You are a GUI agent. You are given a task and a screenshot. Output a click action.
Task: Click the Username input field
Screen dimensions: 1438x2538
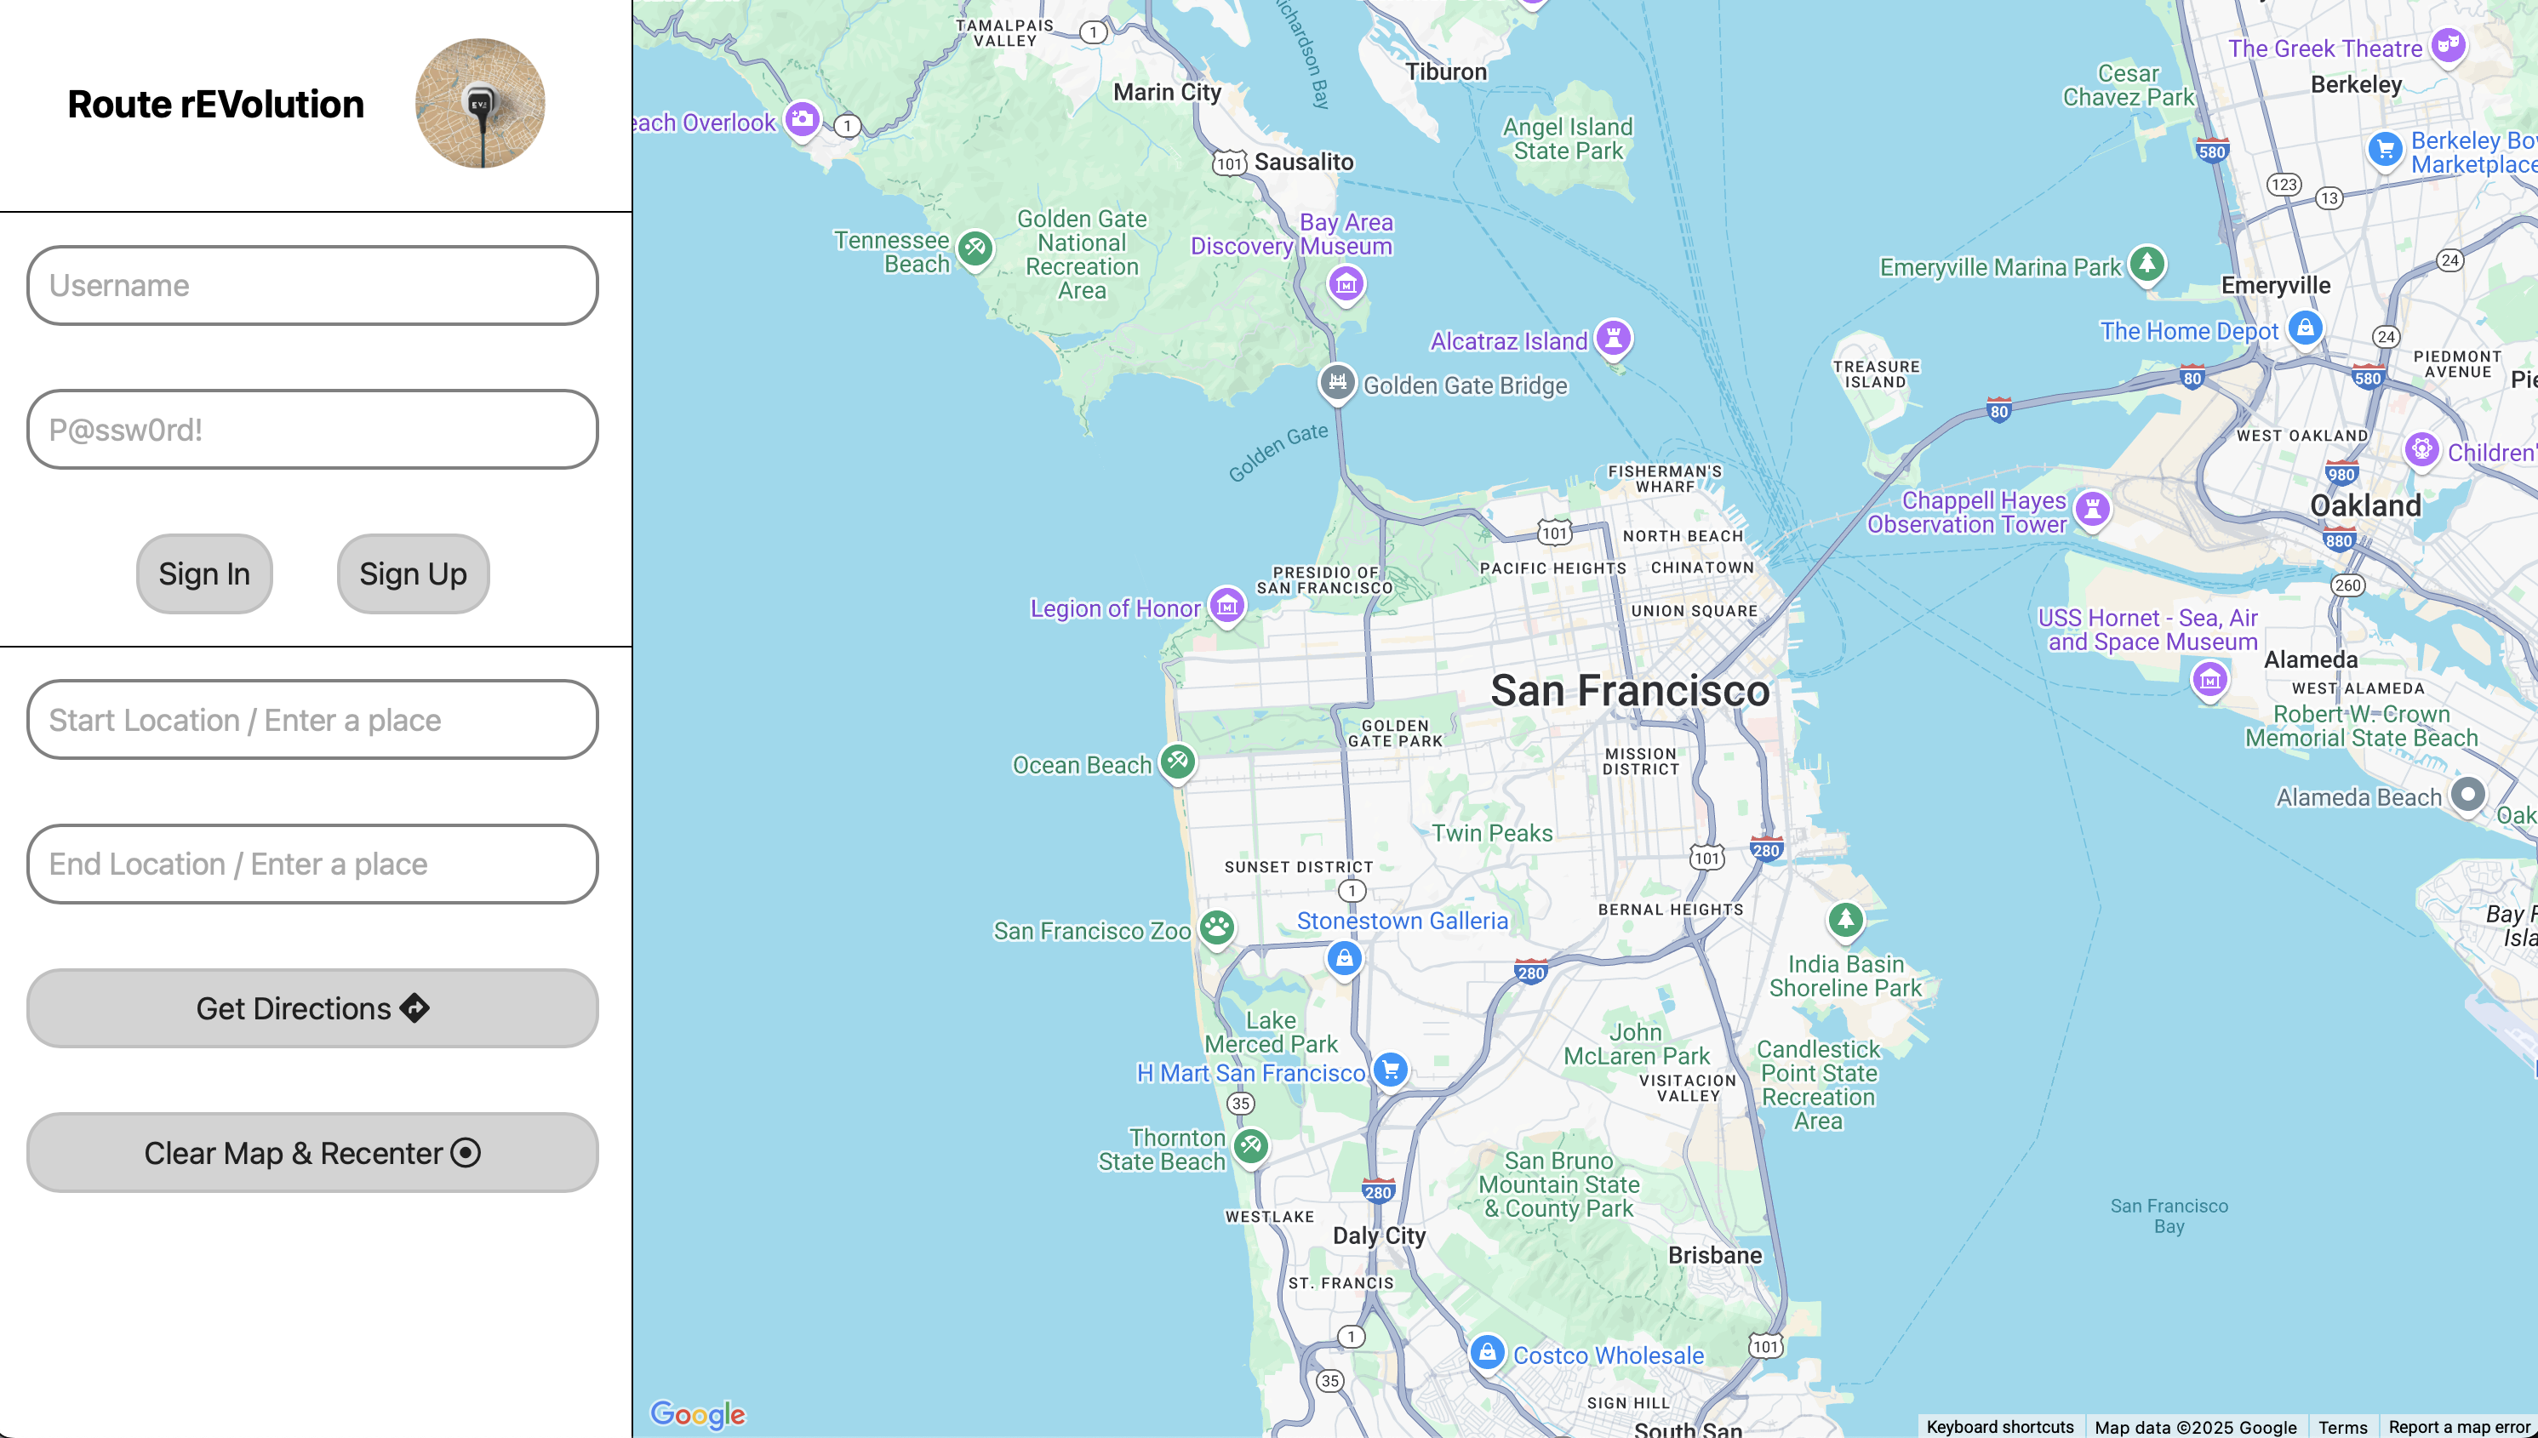click(312, 285)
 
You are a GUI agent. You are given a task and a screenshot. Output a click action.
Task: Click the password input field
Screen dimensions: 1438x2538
click(312, 430)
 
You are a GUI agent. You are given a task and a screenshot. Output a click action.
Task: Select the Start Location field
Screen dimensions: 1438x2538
click(312, 720)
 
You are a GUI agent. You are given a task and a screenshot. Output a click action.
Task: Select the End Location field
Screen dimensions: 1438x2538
click(312, 865)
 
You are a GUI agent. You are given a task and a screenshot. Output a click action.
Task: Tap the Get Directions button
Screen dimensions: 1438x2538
click(312, 1008)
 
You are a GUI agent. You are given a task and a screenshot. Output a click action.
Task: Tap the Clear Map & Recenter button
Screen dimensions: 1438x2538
click(312, 1153)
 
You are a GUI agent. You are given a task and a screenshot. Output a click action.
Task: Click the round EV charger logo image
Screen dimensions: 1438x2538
click(480, 104)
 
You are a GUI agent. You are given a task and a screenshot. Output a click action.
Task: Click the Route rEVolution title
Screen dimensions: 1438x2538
click(215, 105)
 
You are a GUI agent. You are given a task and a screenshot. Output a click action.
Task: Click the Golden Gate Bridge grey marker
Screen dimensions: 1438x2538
click(1338, 383)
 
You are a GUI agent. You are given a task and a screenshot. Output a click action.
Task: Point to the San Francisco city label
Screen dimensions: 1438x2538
click(1630, 690)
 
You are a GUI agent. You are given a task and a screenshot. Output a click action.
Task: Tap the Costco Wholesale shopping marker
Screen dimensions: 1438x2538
click(1487, 1352)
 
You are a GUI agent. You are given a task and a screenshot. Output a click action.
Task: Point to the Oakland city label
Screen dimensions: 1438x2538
click(2365, 505)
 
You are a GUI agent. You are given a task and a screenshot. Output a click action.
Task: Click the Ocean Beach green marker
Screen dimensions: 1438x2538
click(1178, 762)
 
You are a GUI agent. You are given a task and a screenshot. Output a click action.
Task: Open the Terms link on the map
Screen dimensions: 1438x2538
click(2342, 1427)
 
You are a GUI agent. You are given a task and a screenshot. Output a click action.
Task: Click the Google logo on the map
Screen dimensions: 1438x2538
click(697, 1414)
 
